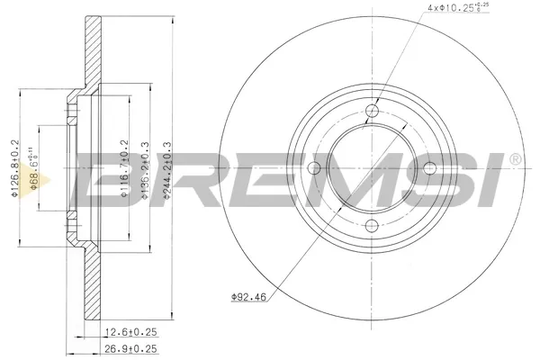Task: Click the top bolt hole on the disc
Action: coord(373,112)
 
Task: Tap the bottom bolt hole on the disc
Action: coord(373,225)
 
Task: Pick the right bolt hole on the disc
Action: coord(429,168)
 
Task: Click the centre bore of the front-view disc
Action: coord(373,168)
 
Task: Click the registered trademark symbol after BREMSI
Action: coord(515,159)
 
